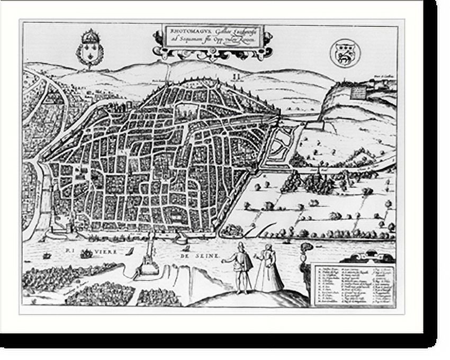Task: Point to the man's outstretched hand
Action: [224, 261]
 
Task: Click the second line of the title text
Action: [212, 40]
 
